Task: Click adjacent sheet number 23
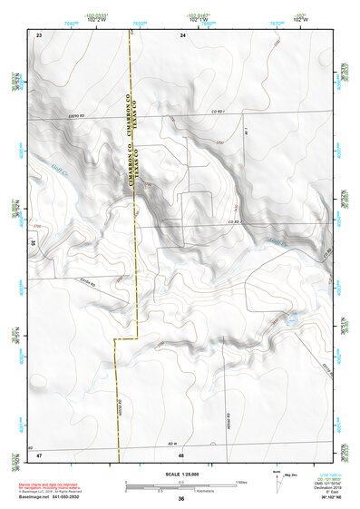click(x=40, y=34)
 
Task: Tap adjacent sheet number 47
click(x=40, y=454)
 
